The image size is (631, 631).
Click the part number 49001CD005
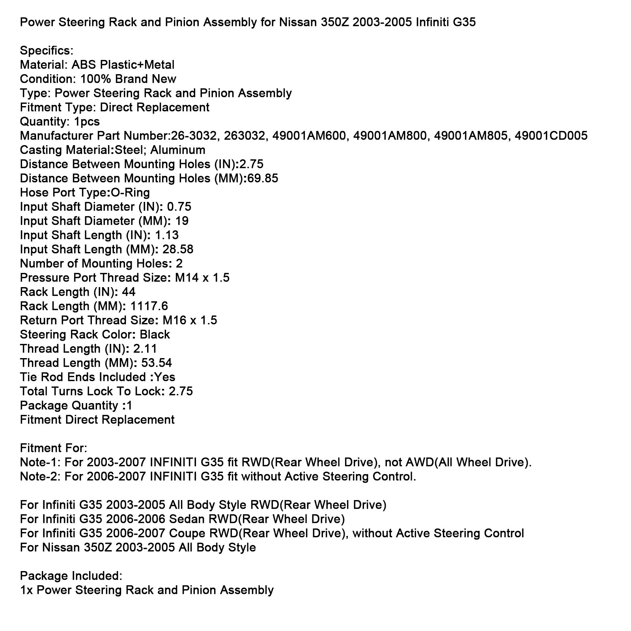pyautogui.click(x=551, y=136)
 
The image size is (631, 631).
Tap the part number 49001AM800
pyautogui.click(x=390, y=136)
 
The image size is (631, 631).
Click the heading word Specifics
pyautogui.click(x=46, y=50)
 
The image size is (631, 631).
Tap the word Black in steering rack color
pyautogui.click(x=155, y=334)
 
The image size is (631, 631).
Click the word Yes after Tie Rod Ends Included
pyautogui.click(x=165, y=377)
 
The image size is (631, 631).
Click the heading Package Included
pyautogui.click(x=71, y=576)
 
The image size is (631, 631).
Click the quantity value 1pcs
pyautogui.click(x=87, y=121)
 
